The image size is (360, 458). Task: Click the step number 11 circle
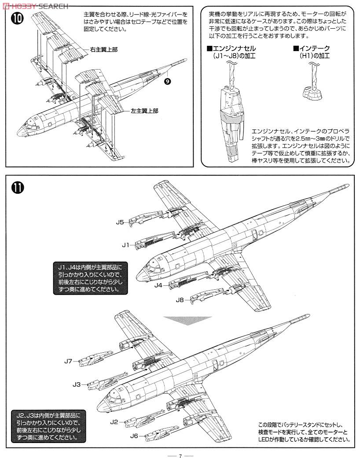pos(18,188)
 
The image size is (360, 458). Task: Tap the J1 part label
pos(125,244)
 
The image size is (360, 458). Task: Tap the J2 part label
pos(114,421)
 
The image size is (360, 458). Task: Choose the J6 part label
pos(135,436)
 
